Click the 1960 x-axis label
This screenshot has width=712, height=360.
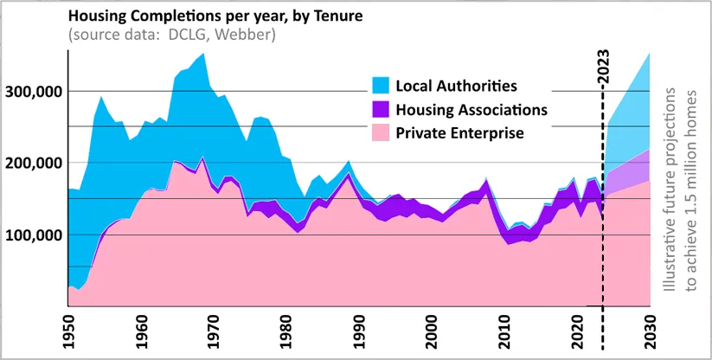(x=141, y=334)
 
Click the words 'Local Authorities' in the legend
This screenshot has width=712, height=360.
(x=456, y=86)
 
